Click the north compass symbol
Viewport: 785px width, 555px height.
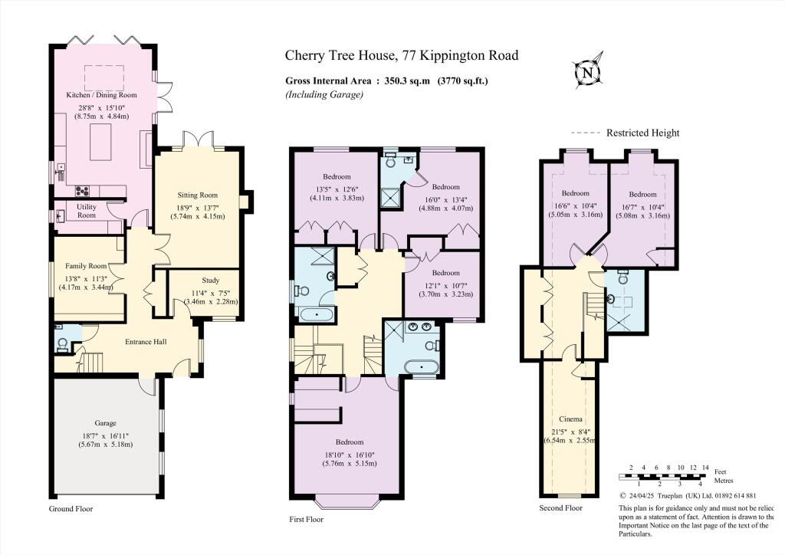coord(589,73)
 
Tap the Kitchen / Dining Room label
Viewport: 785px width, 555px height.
coord(101,95)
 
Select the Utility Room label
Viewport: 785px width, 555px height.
coord(87,211)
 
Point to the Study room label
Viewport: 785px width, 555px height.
coord(210,281)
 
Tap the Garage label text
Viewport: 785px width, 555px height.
coord(105,422)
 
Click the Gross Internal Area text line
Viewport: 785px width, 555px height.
coord(386,80)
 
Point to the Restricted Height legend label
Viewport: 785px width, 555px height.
coord(642,133)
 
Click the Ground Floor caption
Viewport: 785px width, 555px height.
coord(71,508)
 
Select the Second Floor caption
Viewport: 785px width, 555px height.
coord(561,507)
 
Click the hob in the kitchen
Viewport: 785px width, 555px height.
coord(81,192)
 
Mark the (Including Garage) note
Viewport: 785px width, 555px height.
coord(324,94)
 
